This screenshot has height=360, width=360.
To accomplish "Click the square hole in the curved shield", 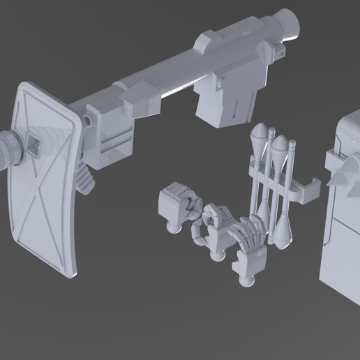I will (33, 147).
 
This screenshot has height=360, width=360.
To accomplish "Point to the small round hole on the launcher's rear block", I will (90, 120).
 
